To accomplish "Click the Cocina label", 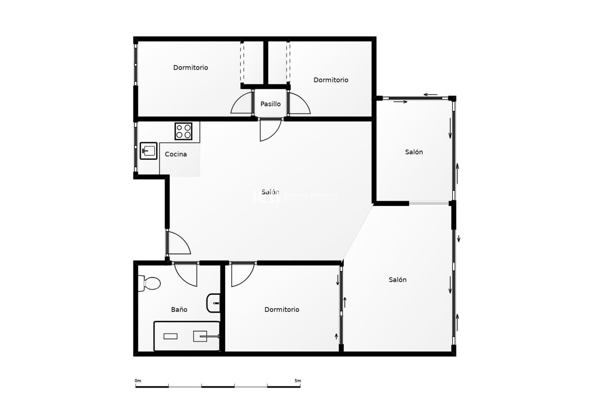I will pyautogui.click(x=176, y=154).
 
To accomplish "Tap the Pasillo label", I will pyautogui.click(x=270, y=104).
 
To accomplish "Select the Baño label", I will pyautogui.click(x=179, y=309).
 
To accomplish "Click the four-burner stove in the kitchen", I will pyautogui.click(x=183, y=131).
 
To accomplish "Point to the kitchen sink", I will pyautogui.click(x=148, y=151).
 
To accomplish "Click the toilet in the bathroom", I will pyautogui.click(x=149, y=283).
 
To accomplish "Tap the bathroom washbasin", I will pyautogui.click(x=214, y=303).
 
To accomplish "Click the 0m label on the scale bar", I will pyautogui.click(x=138, y=381).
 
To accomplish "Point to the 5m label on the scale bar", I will pyautogui.click(x=298, y=381).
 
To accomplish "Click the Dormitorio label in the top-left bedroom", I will pyautogui.click(x=191, y=68).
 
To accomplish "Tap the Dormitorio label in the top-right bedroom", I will pyautogui.click(x=331, y=80).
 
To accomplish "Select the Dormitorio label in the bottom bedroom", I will pyautogui.click(x=282, y=309).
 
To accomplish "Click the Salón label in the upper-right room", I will pyautogui.click(x=414, y=152).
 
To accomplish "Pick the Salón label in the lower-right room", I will pyautogui.click(x=398, y=280).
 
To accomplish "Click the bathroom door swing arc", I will pyautogui.click(x=186, y=275).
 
